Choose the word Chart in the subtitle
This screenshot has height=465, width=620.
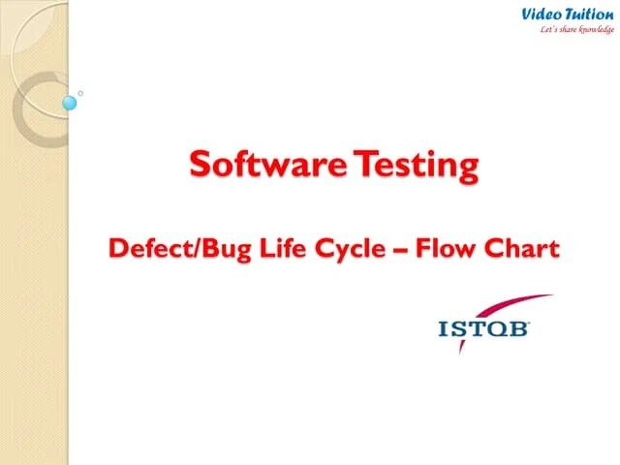520,249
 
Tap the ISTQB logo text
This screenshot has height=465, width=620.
483,330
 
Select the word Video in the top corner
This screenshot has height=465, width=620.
542,14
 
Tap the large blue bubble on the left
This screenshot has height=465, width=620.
70,102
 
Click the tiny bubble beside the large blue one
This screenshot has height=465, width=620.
80,93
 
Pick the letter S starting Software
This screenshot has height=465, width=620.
199,166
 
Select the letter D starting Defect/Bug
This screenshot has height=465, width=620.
118,249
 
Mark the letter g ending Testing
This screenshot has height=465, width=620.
468,169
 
